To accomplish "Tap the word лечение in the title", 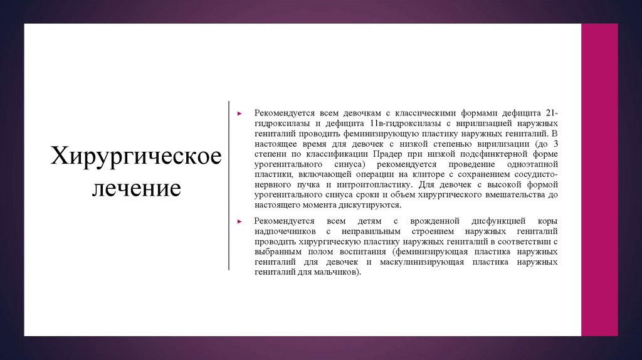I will tap(136, 188).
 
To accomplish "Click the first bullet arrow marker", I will tap(239, 114).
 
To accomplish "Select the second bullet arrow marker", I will tap(239, 222).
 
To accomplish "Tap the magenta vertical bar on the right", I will tap(599, 180).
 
